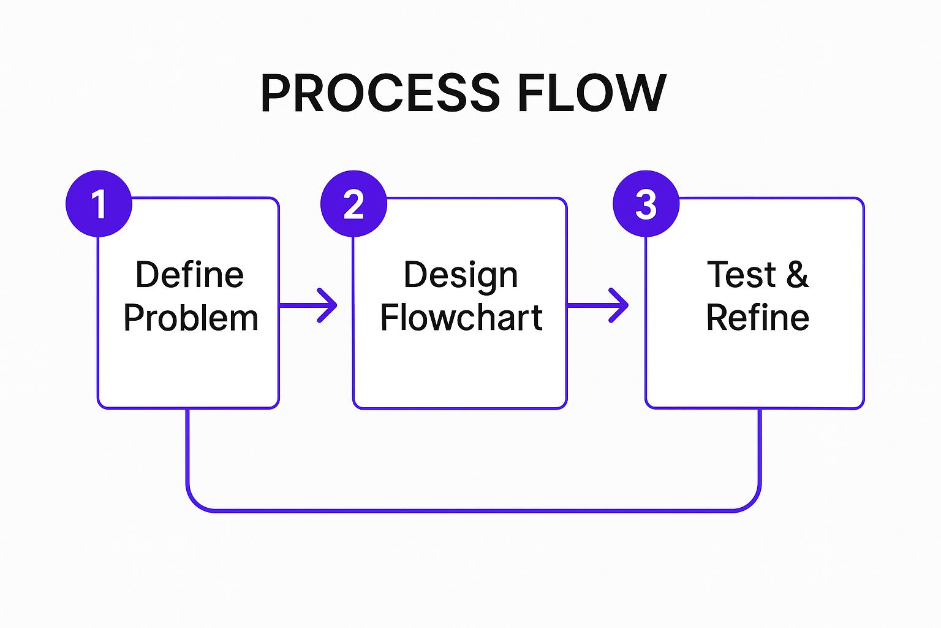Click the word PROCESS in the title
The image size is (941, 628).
[x=380, y=93]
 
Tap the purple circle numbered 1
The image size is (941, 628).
[x=99, y=204]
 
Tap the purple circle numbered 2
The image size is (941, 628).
[x=353, y=204]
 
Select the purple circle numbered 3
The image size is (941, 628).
[x=646, y=204]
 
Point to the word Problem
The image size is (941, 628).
[x=191, y=318]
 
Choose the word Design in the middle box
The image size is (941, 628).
[x=461, y=275]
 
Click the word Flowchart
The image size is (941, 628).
[x=461, y=318]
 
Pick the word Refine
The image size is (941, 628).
[x=757, y=318]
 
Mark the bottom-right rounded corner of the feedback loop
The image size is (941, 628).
[x=751, y=502]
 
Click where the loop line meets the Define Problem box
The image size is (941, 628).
[x=187, y=409]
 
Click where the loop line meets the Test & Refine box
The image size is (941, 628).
[x=760, y=409]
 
